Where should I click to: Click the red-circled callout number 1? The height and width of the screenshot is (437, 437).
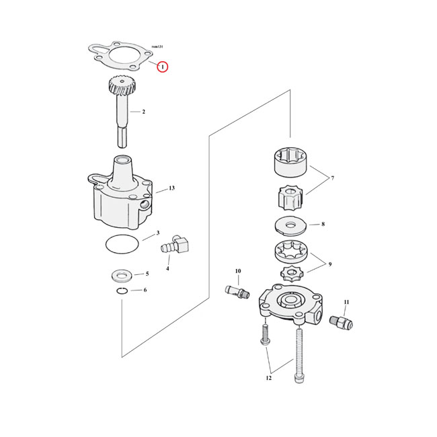tap(162, 67)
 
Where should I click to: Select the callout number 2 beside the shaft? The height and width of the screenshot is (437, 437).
tap(143, 111)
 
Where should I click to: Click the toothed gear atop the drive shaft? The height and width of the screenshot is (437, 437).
tap(118, 87)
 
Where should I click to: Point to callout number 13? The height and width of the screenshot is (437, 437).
tap(171, 188)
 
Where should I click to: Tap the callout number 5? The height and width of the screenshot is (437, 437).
tap(147, 274)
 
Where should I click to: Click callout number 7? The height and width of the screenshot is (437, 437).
tap(331, 178)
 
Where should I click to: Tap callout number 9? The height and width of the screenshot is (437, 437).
tap(330, 264)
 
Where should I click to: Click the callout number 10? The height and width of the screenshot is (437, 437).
tap(237, 272)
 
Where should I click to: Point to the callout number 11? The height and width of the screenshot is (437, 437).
tap(346, 303)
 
